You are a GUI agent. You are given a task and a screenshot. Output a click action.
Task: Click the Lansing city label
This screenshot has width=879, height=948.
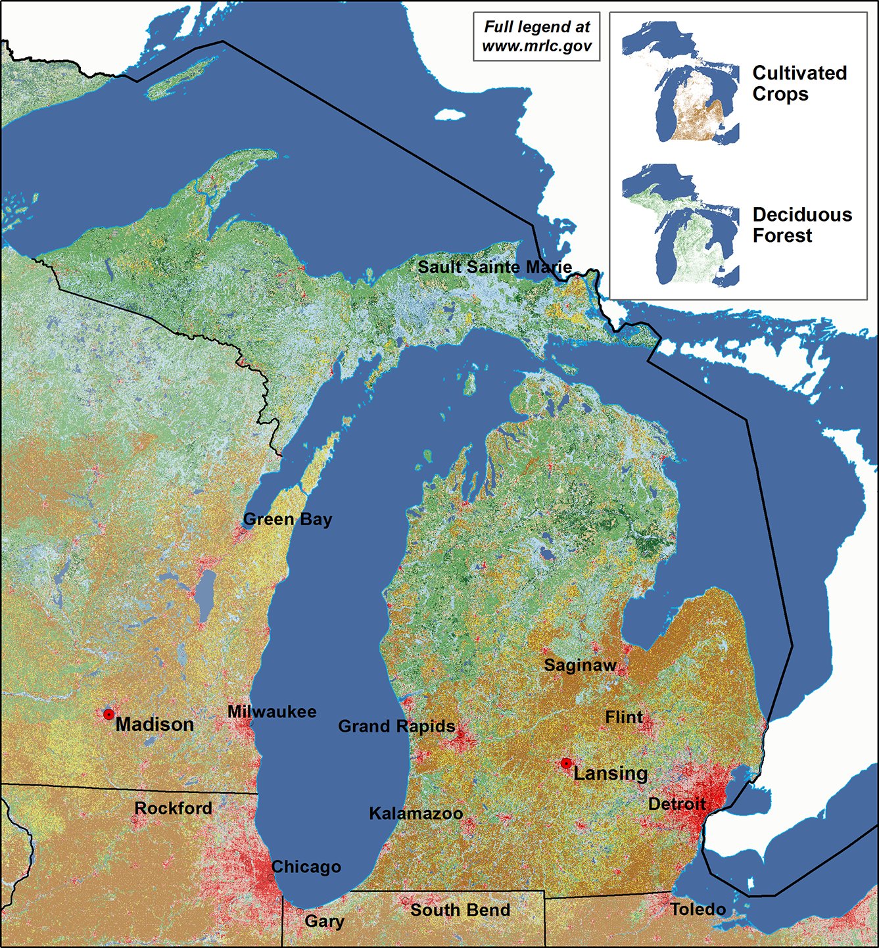coord(610,773)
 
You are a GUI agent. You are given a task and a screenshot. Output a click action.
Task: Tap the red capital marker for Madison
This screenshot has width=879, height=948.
coord(108,714)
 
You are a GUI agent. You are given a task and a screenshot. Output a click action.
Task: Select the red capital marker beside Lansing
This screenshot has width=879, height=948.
coord(566,763)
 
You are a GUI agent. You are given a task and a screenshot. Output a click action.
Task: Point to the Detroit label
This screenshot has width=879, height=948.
coord(677,804)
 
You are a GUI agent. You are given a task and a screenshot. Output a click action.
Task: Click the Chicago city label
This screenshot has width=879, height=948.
coord(306,867)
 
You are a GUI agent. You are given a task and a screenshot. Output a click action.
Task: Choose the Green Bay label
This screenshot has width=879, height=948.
coord(287,519)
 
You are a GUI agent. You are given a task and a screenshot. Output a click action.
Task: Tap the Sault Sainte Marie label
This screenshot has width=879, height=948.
coord(494,267)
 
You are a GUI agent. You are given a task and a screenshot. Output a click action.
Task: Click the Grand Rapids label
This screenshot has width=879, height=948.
coord(396,726)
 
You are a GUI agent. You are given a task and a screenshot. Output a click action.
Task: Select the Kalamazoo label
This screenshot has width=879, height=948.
coord(416,813)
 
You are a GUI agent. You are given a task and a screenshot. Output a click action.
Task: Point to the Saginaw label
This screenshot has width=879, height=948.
coord(580,665)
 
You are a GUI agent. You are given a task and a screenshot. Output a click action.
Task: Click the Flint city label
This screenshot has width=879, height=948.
coord(624,717)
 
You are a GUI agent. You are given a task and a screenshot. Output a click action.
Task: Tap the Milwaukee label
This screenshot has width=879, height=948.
coord(272,711)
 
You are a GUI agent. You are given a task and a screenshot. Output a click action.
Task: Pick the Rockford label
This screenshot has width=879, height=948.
coord(173,808)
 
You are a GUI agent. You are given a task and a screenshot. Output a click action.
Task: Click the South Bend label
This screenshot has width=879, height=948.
coord(460,910)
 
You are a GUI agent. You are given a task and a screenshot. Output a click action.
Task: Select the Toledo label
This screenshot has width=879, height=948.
coord(698,909)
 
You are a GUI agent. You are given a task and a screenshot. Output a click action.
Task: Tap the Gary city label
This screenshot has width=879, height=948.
coord(324,921)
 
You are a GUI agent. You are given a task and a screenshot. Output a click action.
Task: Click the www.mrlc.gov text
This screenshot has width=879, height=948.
coord(536,47)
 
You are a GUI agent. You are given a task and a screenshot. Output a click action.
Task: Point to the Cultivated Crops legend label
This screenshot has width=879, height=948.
coord(799,83)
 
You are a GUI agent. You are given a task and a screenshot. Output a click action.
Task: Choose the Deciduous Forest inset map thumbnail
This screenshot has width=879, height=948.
coord(681,225)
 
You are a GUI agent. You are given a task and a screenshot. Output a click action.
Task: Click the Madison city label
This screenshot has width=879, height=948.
coord(154,724)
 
